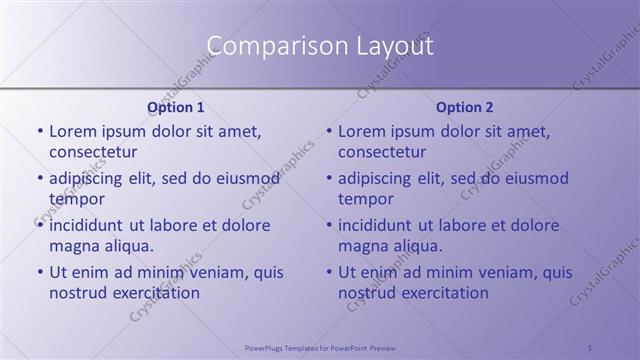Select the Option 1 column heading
(176, 107)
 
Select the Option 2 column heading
(465, 107)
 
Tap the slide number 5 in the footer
(590, 346)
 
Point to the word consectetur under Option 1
(93, 152)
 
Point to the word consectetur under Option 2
(382, 152)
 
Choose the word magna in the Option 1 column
(73, 246)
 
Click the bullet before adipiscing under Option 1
(40, 179)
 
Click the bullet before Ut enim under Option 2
(329, 272)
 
